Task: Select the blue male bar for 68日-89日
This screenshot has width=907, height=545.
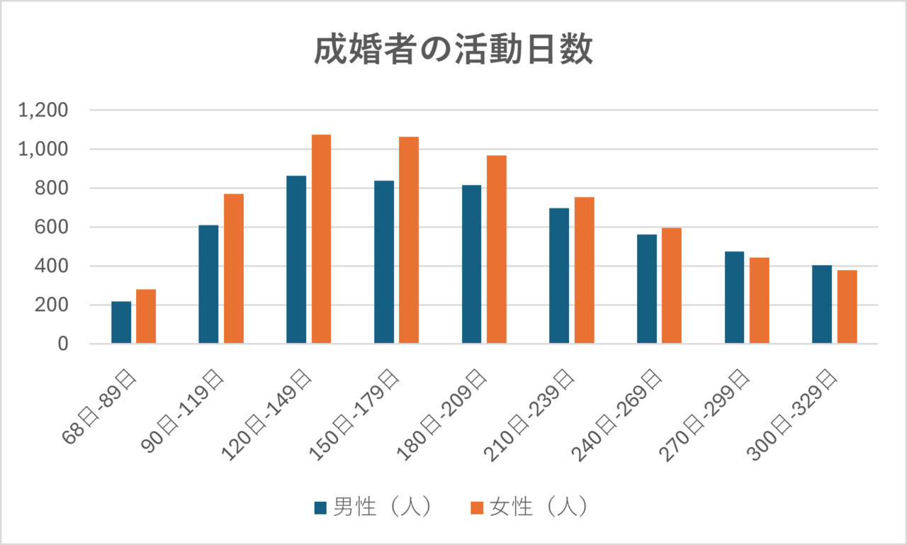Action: coord(121,322)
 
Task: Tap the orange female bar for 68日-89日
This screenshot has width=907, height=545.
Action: coord(146,317)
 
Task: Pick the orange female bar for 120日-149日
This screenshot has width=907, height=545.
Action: coord(321,240)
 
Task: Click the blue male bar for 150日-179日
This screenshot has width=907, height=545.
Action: coord(384,262)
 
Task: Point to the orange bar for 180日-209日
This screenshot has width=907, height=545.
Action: coord(497,249)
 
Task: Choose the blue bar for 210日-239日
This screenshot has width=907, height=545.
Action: coord(559,276)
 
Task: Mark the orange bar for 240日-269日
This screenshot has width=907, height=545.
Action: coord(672,286)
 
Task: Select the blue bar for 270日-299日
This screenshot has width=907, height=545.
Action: coord(734,298)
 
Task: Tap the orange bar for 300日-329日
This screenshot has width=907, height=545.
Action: coord(847,307)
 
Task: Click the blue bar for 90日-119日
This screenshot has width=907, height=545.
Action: coord(208,284)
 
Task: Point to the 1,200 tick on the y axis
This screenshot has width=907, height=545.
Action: coord(43,111)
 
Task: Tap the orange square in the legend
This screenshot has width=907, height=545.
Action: coord(477,507)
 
